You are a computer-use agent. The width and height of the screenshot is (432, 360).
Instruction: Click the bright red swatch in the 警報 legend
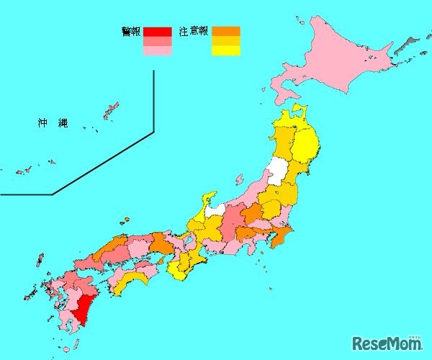[x=157, y=31]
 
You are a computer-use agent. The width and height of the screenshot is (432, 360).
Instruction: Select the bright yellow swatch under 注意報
[x=225, y=50]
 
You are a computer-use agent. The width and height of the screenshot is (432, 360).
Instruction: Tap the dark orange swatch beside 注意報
[x=225, y=31]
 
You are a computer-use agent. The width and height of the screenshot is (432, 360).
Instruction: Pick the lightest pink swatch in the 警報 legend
[x=157, y=50]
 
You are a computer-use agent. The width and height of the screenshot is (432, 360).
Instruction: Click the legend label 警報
[x=131, y=31]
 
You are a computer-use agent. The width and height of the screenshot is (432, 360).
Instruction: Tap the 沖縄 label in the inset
[x=53, y=123]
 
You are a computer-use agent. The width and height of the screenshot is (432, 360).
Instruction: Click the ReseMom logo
[x=386, y=343]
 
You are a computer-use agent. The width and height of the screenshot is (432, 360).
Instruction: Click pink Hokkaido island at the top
[x=338, y=65]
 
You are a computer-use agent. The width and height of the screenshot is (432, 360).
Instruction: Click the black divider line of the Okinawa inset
[x=154, y=101]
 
